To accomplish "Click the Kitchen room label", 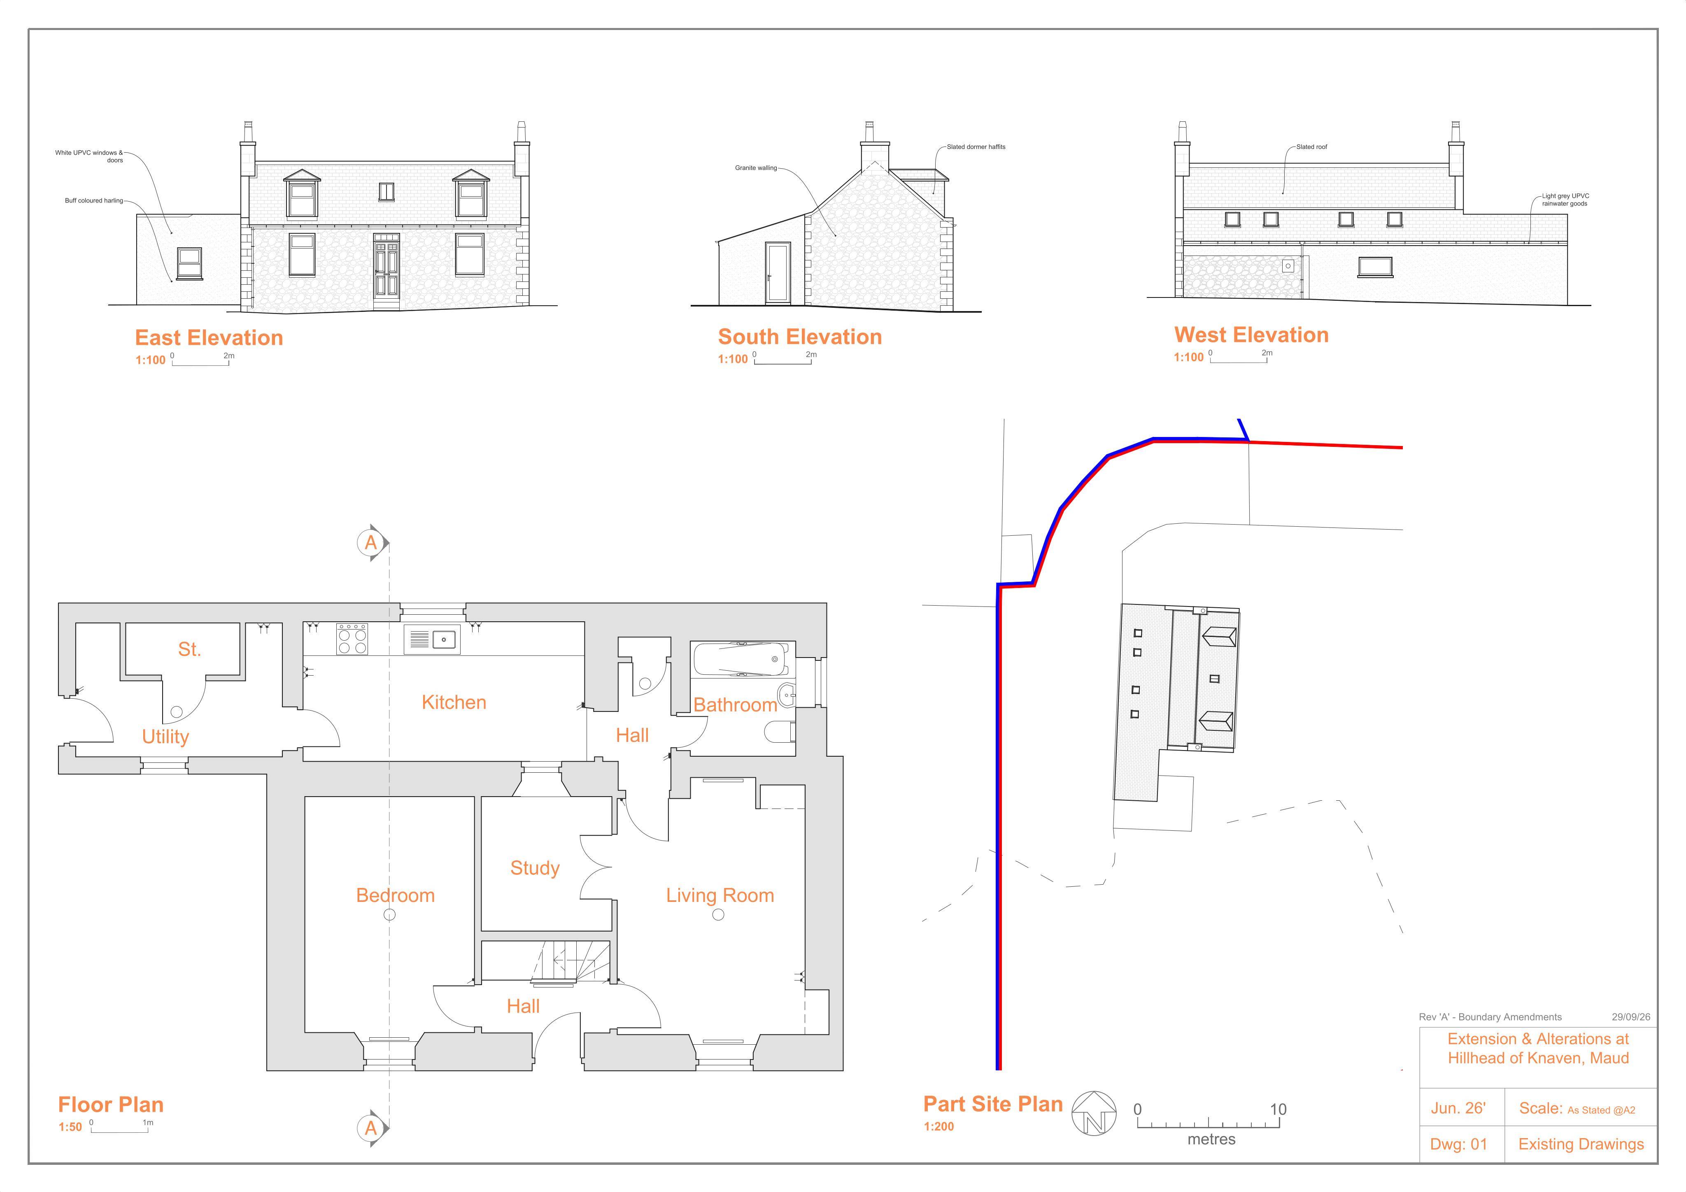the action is point(454,702).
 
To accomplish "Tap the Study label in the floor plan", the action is point(535,868).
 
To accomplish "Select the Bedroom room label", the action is point(395,895).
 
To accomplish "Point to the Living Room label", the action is point(720,895).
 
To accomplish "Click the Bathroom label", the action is point(735,705).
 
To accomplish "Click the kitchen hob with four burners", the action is point(352,639).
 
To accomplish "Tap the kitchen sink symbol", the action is point(432,639).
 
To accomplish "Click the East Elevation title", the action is point(209,338).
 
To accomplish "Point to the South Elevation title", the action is point(800,337).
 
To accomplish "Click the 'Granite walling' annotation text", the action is point(756,168).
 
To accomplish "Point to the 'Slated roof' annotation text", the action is point(1311,147).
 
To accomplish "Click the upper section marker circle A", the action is point(371,543).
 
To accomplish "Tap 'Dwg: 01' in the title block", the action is point(1458,1144).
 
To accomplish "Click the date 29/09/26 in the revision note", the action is point(1631,1017).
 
